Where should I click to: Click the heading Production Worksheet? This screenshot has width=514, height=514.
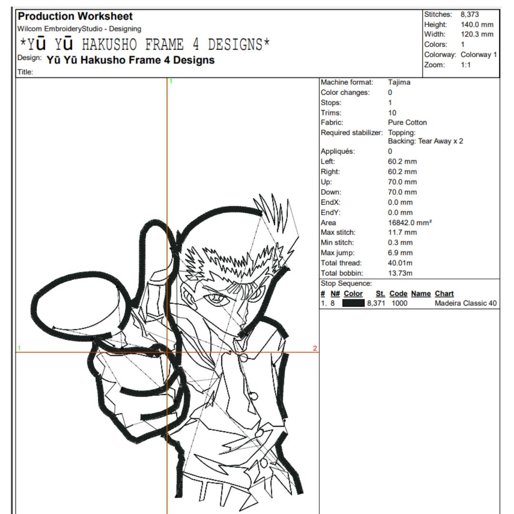[x=75, y=16]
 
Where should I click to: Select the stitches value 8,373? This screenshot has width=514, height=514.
[x=469, y=14]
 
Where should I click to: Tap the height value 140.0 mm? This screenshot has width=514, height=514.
[x=477, y=25]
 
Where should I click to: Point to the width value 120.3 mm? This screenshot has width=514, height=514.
[x=477, y=34]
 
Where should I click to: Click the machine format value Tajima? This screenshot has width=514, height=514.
[x=399, y=82]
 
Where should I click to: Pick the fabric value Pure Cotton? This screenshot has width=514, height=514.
[x=407, y=123]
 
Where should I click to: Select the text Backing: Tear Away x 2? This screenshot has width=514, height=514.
[x=425, y=141]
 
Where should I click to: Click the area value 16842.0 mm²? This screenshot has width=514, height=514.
[x=410, y=223]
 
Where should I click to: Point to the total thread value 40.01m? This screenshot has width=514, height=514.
[x=400, y=263]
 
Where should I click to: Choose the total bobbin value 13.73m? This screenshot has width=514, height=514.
[x=400, y=273]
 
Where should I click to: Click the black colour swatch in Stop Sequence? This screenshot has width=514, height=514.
[x=353, y=303]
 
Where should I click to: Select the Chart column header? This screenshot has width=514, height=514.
[x=444, y=294]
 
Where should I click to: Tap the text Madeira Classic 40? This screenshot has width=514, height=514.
[x=465, y=304]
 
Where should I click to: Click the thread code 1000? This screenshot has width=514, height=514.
[x=399, y=304]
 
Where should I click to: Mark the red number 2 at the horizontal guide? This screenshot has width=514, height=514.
[x=315, y=348]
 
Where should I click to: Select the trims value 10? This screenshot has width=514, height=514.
[x=392, y=113]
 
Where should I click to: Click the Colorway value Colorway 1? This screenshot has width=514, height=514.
[x=479, y=55]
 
